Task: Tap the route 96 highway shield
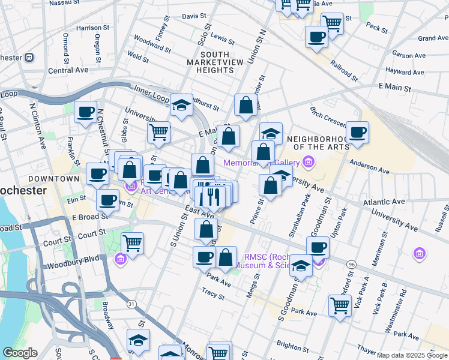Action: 351,263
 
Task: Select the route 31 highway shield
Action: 130,305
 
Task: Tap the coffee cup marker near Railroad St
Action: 316,36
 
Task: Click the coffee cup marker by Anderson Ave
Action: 357,131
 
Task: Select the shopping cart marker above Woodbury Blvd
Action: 132,243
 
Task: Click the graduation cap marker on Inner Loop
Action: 181,104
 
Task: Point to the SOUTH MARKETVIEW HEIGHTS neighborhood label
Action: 209,62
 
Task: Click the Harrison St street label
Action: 93,28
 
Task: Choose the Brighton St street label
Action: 292,344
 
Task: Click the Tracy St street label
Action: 213,293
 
